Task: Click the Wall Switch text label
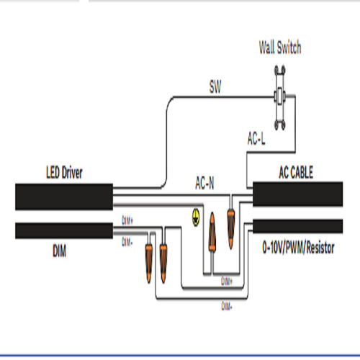click(x=279, y=48)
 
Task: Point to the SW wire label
click(x=214, y=89)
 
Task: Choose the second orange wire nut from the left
click(x=164, y=252)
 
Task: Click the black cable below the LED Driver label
click(x=63, y=196)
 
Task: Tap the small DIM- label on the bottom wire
click(x=227, y=303)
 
